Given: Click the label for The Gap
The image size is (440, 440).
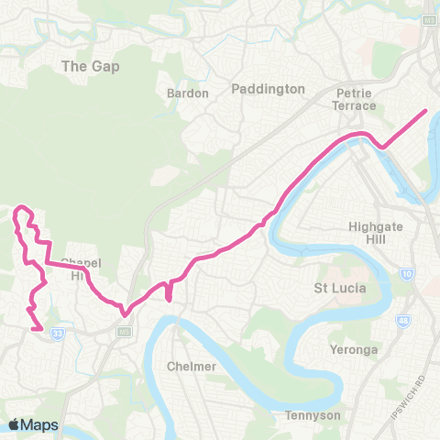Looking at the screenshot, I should click(91, 67).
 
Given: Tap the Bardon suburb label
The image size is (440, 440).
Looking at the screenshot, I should click(188, 93).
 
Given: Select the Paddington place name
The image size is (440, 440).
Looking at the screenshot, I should click(268, 89).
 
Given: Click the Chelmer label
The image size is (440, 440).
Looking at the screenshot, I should click(193, 367).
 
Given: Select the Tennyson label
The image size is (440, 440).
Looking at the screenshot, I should click(313, 415).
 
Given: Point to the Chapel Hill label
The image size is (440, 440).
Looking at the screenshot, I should click(80, 269).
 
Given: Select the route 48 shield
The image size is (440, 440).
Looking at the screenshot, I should click(402, 321).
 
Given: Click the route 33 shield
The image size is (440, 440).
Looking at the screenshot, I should click(58, 334).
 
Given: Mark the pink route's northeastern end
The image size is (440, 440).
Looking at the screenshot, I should click(426, 111).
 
